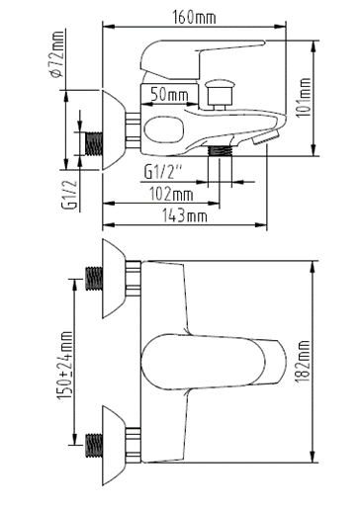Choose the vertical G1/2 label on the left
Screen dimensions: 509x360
(70, 194)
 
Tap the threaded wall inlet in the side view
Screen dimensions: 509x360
(94, 143)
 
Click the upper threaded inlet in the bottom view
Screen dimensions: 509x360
(94, 280)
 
